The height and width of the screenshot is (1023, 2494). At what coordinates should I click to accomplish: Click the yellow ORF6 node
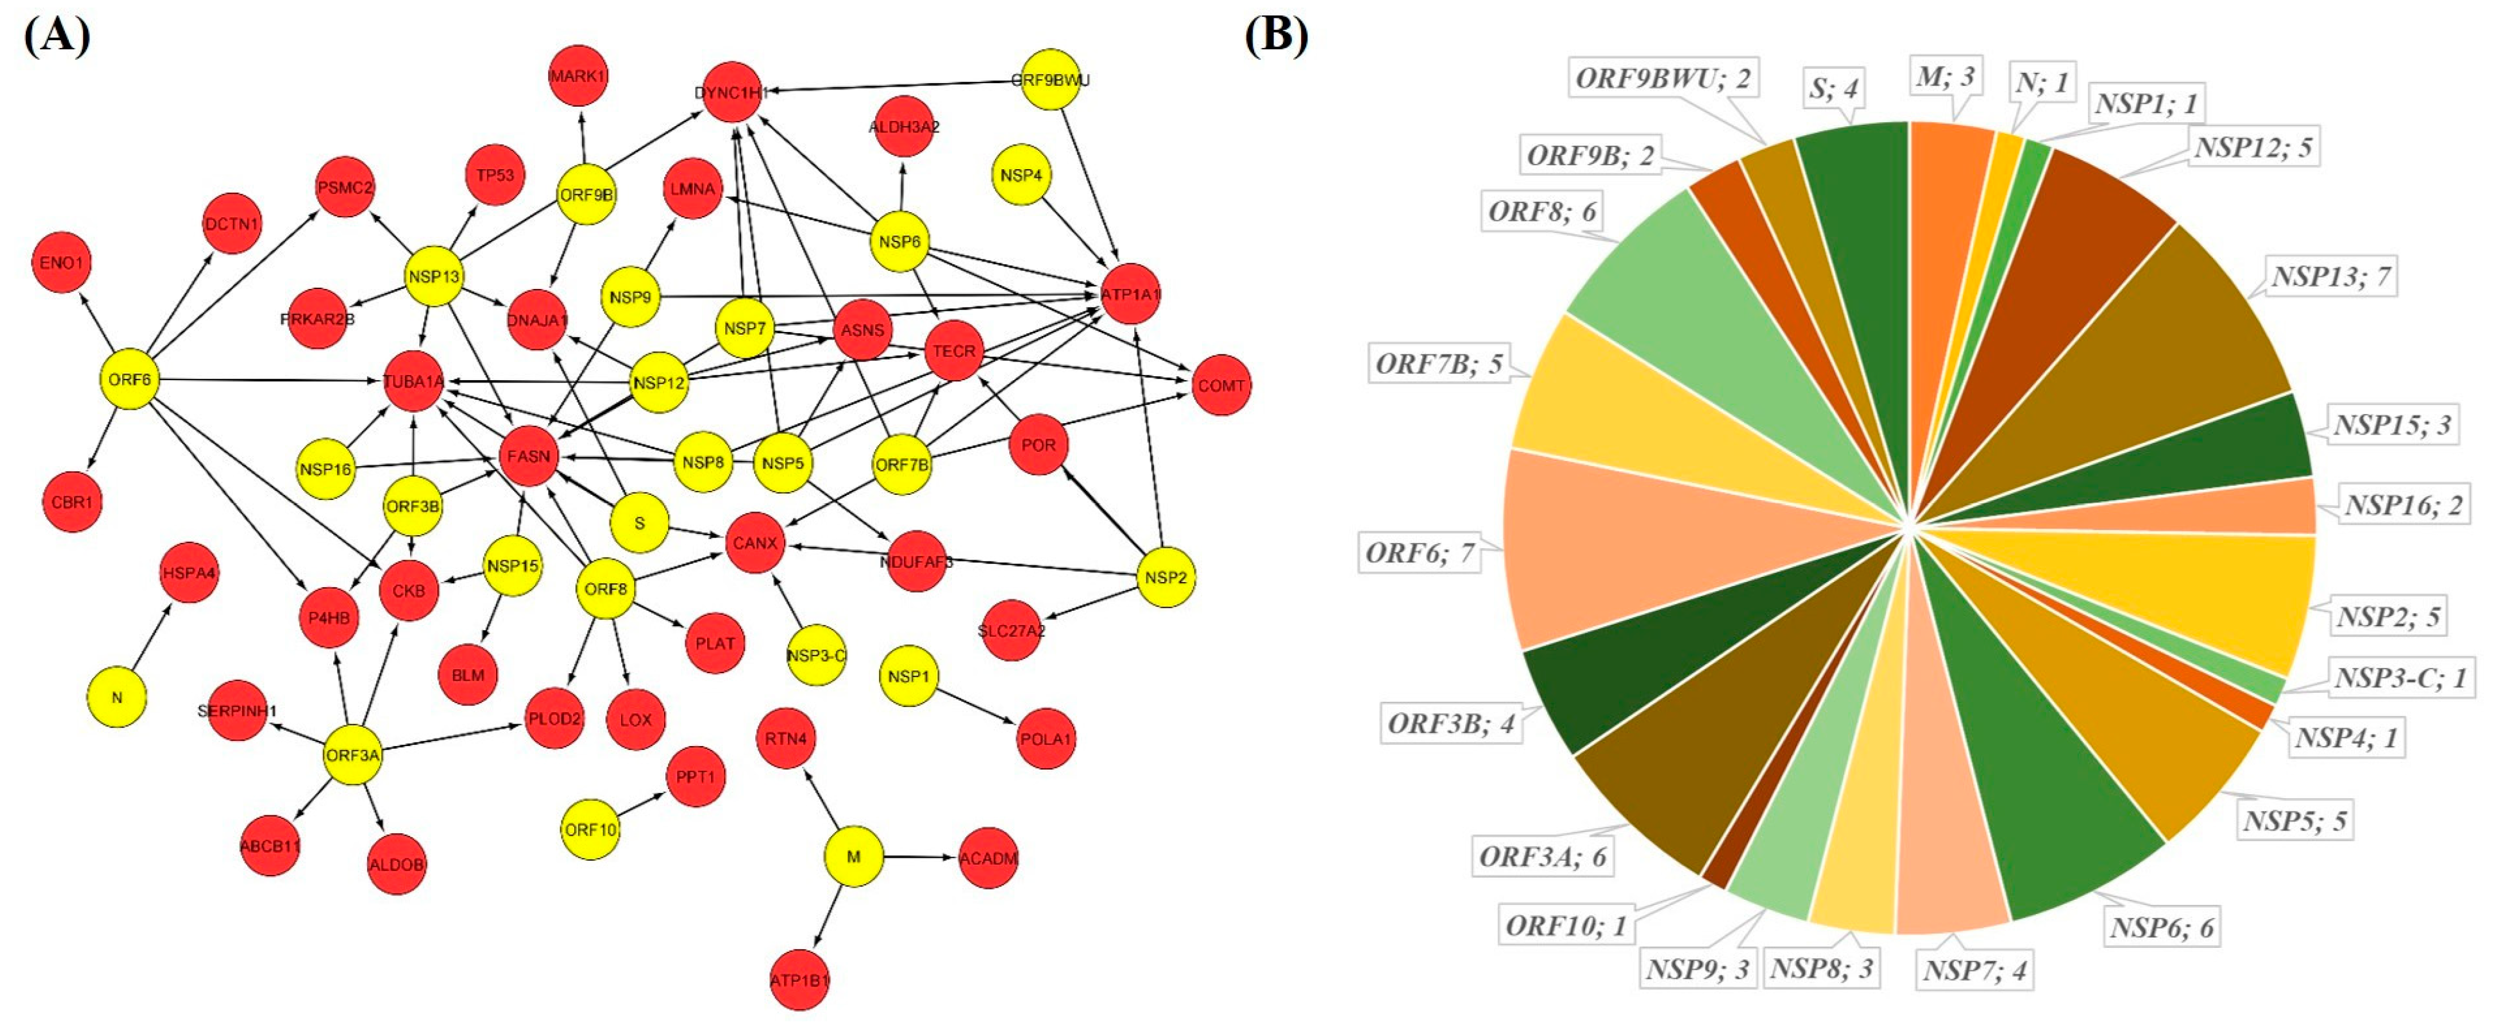tap(129, 380)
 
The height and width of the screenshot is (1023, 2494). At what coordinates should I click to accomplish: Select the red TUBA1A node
tap(413, 381)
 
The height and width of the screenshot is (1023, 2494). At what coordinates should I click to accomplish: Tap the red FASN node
tap(529, 456)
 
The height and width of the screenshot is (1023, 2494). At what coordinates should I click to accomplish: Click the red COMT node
tap(1221, 385)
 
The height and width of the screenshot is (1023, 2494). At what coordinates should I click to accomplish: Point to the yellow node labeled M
tap(853, 857)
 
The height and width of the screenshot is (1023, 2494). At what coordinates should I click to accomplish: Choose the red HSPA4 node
tap(189, 573)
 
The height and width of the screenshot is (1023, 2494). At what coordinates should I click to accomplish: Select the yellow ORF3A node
tap(353, 755)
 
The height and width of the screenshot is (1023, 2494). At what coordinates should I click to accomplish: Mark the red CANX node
tap(755, 543)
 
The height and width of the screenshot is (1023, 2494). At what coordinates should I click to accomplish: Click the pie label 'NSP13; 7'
tap(2331, 277)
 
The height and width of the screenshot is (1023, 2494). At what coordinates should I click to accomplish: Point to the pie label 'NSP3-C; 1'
tap(2400, 677)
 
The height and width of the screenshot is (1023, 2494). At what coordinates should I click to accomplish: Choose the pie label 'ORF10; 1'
tap(1566, 926)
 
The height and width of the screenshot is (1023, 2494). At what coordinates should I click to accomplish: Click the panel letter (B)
tap(1276, 35)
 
